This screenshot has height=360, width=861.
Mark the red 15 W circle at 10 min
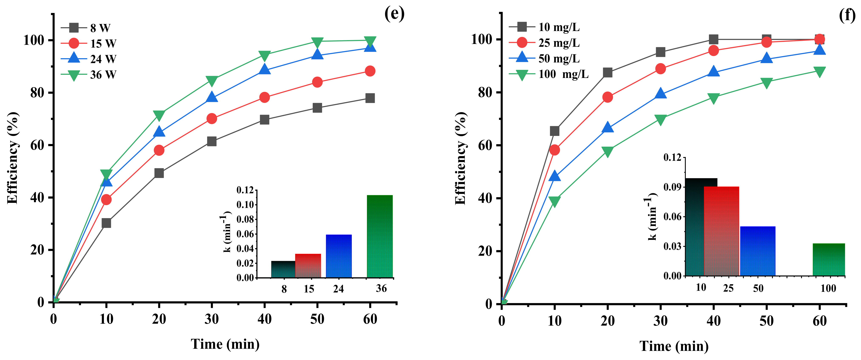tap(106, 200)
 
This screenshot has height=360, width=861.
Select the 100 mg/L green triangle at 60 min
tap(819, 71)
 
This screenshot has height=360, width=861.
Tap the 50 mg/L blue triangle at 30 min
tap(660, 94)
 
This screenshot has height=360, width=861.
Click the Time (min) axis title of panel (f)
tap(674, 346)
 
